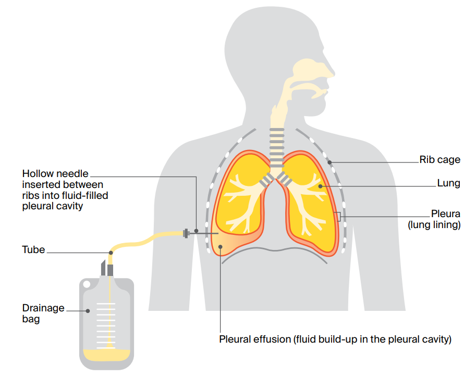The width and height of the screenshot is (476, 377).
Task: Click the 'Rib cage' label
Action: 440,160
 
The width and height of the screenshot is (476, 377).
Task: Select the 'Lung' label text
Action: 448,184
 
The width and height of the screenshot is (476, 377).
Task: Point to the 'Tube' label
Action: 33,250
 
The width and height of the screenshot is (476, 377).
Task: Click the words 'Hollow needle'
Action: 55,173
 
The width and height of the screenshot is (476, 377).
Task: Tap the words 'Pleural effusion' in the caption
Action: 254,340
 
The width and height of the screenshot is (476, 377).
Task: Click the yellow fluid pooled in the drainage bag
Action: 106,355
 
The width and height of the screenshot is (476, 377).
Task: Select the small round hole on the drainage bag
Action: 87,283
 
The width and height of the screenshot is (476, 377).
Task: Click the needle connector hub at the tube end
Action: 186,233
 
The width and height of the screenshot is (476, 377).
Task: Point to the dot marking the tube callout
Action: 111,253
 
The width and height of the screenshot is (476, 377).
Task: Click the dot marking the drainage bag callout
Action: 88,311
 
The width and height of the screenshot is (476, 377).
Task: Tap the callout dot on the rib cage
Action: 330,162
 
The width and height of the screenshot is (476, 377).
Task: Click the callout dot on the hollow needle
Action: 196,230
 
